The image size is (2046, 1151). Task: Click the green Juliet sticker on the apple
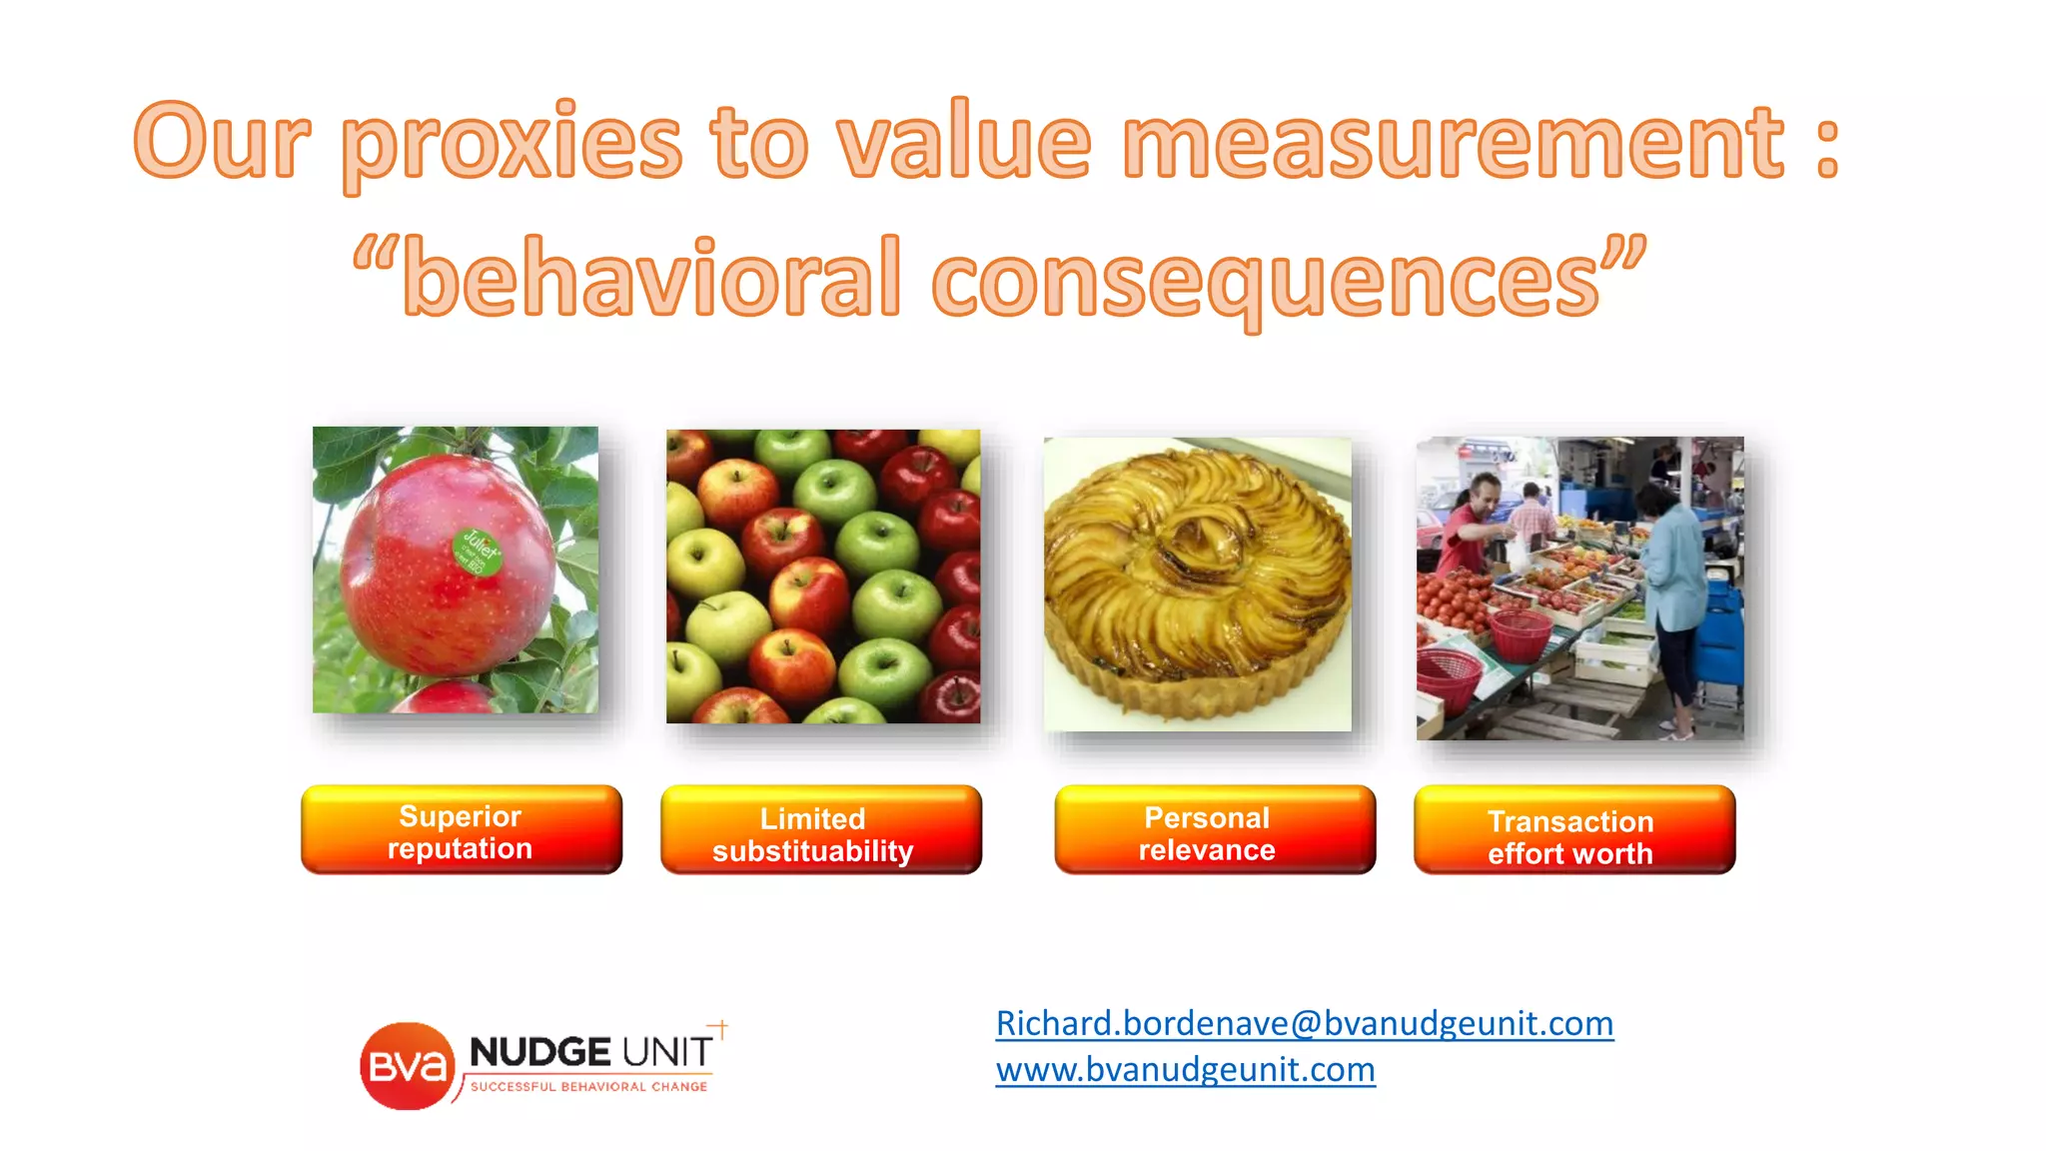coord(478,552)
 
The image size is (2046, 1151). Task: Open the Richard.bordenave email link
coord(1304,1023)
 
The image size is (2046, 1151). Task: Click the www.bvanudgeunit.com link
coord(1185,1069)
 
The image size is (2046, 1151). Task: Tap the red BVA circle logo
coord(405,1066)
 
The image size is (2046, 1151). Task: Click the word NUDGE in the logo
coord(539,1052)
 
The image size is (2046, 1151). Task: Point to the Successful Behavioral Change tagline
coord(588,1087)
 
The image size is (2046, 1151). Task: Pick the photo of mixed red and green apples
coord(822,576)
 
